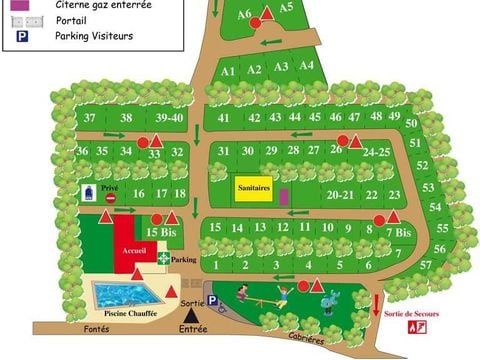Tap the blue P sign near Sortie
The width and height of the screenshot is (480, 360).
(x=213, y=312)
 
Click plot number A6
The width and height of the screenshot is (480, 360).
(x=244, y=14)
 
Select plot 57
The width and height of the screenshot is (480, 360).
(x=425, y=265)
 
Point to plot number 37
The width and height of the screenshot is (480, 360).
(x=89, y=118)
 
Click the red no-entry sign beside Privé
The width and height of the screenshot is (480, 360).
(x=111, y=198)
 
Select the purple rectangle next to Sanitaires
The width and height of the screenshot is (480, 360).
(x=283, y=194)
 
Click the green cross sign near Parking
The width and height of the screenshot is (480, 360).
(x=164, y=258)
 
